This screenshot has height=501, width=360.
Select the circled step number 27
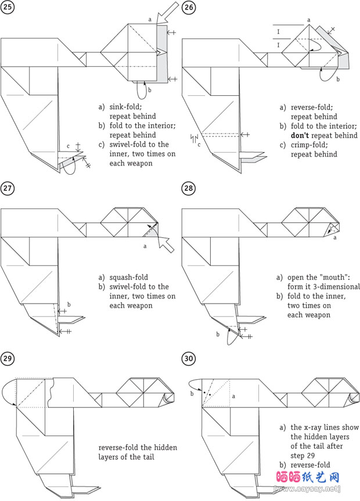coord(8,188)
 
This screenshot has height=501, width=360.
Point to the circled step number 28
coord(189,188)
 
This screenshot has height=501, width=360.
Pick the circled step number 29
coord(8,358)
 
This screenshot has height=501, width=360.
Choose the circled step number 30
coord(189,358)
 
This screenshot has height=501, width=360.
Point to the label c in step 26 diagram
coord(199,144)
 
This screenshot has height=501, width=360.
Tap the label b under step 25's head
coord(150,90)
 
